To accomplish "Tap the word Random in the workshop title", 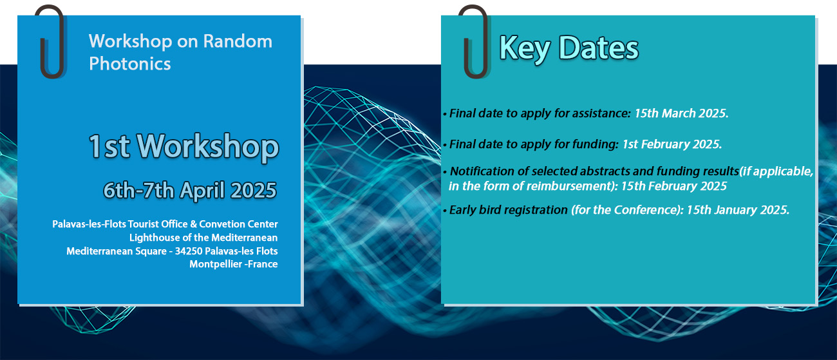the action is pyautogui.click(x=238, y=41).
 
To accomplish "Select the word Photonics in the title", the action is pyautogui.click(x=129, y=64).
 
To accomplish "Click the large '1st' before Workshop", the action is pyautogui.click(x=109, y=147).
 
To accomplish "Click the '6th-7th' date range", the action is pyautogui.click(x=138, y=190).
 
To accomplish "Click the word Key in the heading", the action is pyautogui.click(x=525, y=48).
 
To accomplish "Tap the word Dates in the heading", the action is pyautogui.click(x=599, y=48).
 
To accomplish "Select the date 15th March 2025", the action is pyautogui.click(x=681, y=113).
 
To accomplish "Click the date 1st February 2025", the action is pyautogui.click(x=672, y=144).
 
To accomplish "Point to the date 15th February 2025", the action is pyautogui.click(x=673, y=186).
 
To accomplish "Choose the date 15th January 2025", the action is pyautogui.click(x=738, y=210).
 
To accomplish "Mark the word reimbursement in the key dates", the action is pyautogui.click(x=569, y=186).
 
